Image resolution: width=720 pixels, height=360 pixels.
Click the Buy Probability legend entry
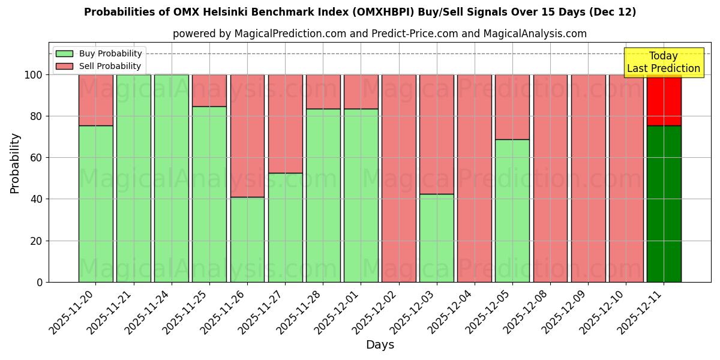pos(98,53)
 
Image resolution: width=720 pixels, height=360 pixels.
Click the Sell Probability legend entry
pos(98,66)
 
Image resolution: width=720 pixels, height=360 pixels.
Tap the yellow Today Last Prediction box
pos(663,62)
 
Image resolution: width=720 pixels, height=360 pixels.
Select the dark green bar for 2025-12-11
pos(664,204)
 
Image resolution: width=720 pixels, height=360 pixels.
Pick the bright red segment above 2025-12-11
pos(664,100)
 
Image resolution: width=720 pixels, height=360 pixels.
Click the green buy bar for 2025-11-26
pos(247,239)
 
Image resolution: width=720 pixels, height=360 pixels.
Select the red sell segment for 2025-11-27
pos(285,124)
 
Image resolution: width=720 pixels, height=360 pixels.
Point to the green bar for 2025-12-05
pos(512,211)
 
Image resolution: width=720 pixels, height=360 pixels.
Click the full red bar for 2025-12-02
pos(398,178)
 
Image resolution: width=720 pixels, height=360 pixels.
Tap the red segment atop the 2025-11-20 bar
pos(95,100)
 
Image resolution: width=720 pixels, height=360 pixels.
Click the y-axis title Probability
pos(15,163)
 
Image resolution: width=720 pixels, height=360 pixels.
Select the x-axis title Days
pos(380,345)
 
